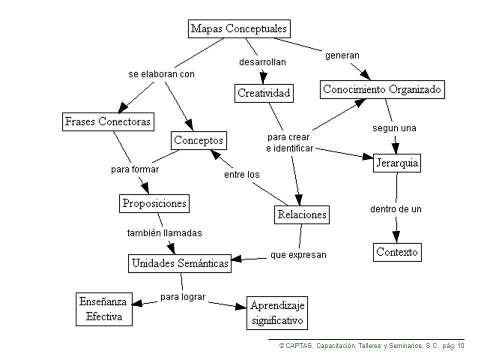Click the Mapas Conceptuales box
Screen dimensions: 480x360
[239, 29]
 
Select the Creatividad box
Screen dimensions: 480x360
[264, 93]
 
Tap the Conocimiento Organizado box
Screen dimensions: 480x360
[382, 89]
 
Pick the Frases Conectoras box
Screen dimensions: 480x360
[108, 122]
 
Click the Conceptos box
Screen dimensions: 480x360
[198, 140]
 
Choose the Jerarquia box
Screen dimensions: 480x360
[396, 163]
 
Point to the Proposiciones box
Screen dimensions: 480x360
[154, 203]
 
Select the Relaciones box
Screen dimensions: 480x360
[302, 214]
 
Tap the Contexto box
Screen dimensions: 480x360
[397, 252]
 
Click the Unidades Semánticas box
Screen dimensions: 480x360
[179, 263]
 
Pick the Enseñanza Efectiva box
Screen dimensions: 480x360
[104, 309]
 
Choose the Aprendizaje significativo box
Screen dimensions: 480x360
[277, 313]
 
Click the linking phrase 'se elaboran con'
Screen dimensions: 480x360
[161, 74]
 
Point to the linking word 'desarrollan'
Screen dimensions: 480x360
[262, 62]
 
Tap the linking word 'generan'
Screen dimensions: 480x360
[342, 55]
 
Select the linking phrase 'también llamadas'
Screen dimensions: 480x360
[164, 233]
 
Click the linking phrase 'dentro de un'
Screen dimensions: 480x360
[396, 209]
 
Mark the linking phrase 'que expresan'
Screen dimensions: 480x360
[298, 255]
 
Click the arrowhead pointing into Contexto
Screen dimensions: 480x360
[396, 237]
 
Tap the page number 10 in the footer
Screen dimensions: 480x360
[461, 346]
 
